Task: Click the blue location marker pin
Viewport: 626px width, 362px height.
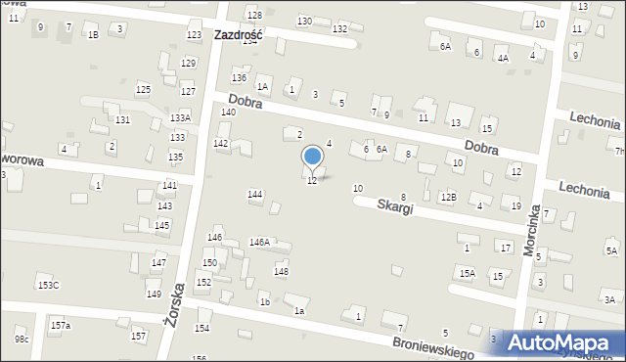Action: coord(312,157)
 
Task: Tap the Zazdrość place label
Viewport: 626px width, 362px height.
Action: coord(243,34)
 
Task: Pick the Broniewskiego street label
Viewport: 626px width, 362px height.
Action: coord(432,344)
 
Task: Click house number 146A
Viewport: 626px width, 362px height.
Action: coord(259,242)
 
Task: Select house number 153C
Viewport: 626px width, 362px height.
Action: coord(48,285)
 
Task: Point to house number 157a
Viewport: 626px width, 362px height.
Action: coord(61,325)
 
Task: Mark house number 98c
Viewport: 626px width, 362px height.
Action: coord(22,339)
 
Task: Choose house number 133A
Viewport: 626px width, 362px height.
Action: coord(180,118)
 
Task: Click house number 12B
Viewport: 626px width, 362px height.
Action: coord(448,198)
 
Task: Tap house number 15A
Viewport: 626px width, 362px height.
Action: coord(468,273)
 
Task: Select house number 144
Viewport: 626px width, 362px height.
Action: coord(255,195)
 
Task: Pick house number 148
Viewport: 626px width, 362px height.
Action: coord(281,271)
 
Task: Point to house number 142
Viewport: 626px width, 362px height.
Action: coord(221,144)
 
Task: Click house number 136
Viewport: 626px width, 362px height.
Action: coord(239,77)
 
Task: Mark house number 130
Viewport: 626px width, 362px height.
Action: coord(304,21)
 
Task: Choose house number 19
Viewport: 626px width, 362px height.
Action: coord(515,205)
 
